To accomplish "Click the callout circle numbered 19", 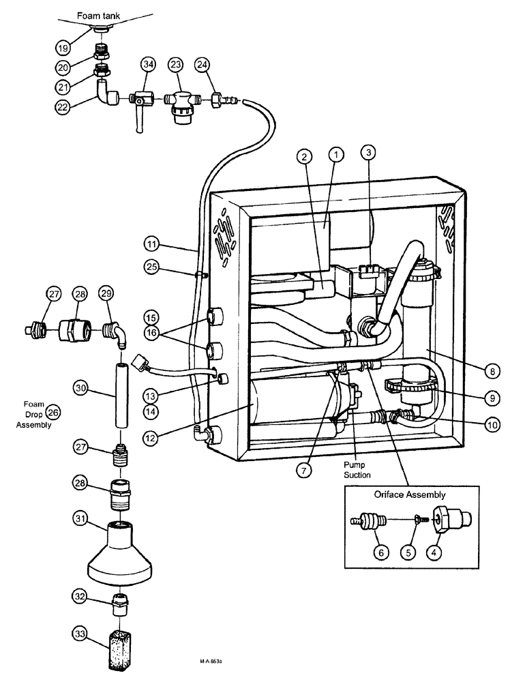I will coord(63,48).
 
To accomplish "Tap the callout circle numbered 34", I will coord(149,65).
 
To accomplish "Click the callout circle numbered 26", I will coord(52,411).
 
